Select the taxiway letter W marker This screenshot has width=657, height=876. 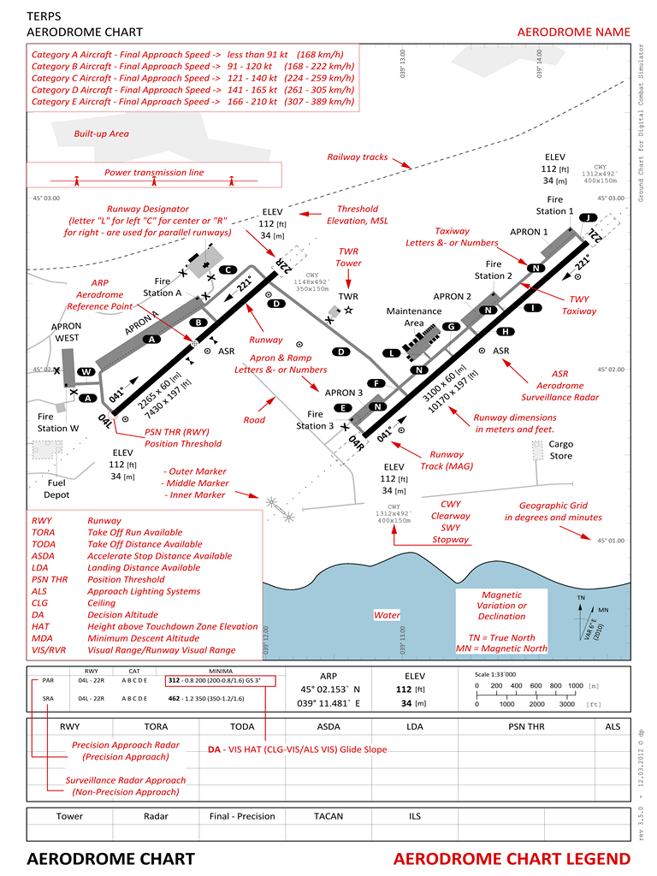(x=86, y=372)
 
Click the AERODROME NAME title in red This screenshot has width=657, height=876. (x=573, y=33)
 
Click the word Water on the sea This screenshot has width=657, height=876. (x=387, y=615)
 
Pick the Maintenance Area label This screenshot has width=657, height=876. (x=411, y=317)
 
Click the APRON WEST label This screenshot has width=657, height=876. (x=66, y=332)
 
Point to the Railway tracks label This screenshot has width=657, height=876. (x=358, y=157)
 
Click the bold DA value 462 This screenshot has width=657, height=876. (x=175, y=698)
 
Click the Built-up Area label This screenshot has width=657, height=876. (x=101, y=133)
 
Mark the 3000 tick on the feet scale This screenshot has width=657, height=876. (x=566, y=704)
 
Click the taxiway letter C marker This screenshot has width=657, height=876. (x=227, y=269)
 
